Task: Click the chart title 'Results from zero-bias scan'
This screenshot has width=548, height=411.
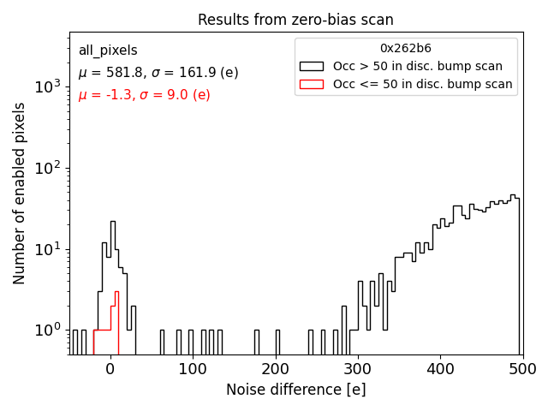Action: click(x=295, y=20)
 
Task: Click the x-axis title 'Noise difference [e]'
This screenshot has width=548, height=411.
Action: click(x=295, y=390)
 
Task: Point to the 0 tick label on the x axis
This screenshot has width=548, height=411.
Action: click(x=110, y=369)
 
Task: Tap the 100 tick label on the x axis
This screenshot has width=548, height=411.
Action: click(x=193, y=369)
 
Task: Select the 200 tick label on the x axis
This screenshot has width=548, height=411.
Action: click(x=275, y=369)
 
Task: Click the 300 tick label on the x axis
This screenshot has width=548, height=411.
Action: click(x=357, y=369)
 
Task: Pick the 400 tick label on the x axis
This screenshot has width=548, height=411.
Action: click(x=439, y=369)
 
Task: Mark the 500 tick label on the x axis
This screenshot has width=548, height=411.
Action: click(x=521, y=369)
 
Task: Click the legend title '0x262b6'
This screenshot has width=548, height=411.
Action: click(x=406, y=49)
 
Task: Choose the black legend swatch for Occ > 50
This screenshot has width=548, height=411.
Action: click(x=312, y=66)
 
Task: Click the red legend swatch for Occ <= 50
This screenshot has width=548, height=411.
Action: click(x=312, y=84)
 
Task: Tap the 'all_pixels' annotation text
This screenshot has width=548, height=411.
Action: click(x=108, y=51)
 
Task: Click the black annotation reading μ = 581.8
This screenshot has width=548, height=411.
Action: click(x=146, y=73)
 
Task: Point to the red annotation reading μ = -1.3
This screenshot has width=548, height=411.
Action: click(x=144, y=95)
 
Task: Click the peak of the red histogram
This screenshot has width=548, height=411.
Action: click(x=116, y=292)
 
